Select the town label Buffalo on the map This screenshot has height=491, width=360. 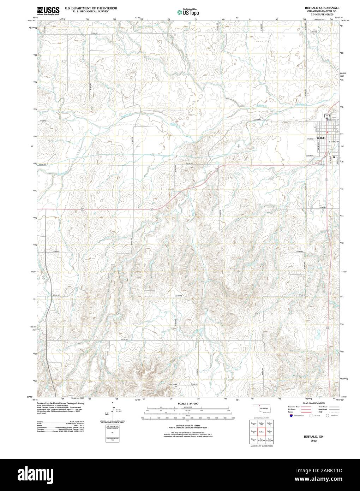(x=321, y=138)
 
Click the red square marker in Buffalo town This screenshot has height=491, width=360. (x=327, y=132)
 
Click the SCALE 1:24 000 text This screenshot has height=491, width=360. (x=188, y=403)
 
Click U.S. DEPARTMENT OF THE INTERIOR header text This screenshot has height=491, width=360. (x=91, y=8)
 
